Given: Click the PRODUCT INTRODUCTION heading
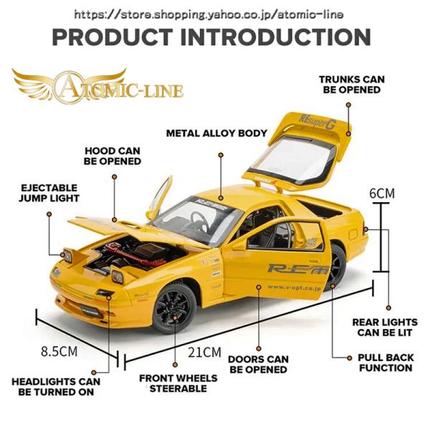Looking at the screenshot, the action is [211, 37].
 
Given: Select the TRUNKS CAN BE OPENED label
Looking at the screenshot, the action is [350, 85].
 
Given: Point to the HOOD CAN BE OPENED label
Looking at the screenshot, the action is [112, 156].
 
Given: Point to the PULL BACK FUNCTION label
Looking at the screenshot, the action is [385, 362].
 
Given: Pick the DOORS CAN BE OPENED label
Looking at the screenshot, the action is [258, 365].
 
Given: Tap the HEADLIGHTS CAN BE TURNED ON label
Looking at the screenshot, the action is [55, 387].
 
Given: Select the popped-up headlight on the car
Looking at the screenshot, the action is [70, 254].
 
